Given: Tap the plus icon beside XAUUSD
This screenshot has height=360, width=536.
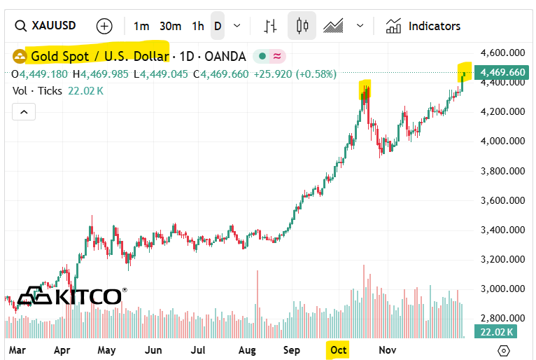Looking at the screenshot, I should [x=104, y=26].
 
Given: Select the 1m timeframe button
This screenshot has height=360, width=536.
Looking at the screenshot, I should [x=141, y=26].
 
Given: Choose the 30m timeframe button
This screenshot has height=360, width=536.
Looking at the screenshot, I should [x=170, y=26].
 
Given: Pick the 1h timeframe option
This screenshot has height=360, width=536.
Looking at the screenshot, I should [x=198, y=26].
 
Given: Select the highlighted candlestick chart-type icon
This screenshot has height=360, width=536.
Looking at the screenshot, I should [x=302, y=26].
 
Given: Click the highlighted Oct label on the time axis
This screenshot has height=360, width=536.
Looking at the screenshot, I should [x=338, y=349].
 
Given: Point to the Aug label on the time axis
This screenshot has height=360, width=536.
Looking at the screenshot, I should [x=247, y=349].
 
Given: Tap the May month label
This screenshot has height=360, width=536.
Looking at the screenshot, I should [x=106, y=349].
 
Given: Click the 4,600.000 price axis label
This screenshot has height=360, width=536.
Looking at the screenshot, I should [x=502, y=53].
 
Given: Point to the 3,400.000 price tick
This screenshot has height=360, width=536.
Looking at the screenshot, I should [x=502, y=230].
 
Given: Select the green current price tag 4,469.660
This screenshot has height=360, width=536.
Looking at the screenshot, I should [x=502, y=72].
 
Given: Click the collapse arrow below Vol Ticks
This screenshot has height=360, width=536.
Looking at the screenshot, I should [x=23, y=111].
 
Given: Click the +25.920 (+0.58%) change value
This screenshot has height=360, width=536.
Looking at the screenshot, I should [x=295, y=74].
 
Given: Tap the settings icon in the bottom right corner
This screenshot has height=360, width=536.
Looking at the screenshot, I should [x=503, y=350].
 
